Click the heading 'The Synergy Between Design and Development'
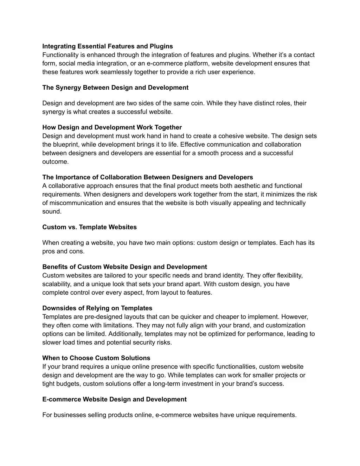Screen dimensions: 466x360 click(115, 88)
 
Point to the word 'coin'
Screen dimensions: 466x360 click(197, 103)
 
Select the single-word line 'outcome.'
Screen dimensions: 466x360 click(56, 162)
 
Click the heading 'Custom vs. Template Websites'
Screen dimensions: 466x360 click(89, 227)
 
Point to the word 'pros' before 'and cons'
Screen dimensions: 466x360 click(49, 251)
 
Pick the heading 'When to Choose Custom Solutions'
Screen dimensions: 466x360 click(96, 358)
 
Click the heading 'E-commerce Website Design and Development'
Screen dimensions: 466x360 click(114, 400)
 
